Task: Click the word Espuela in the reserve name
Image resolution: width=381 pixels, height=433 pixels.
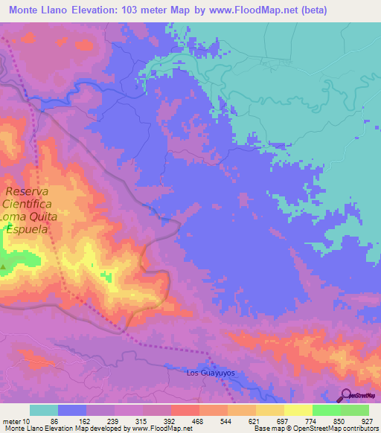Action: coord(28,231)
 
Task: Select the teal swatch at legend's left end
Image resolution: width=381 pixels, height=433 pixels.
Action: coord(44,410)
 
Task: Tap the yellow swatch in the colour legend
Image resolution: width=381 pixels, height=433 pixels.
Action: coord(298,410)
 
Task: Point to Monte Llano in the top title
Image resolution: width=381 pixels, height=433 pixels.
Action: coord(42,10)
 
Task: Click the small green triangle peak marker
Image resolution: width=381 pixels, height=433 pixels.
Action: coord(4,266)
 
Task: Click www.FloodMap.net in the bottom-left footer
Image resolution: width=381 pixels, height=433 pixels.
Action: coord(152,429)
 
